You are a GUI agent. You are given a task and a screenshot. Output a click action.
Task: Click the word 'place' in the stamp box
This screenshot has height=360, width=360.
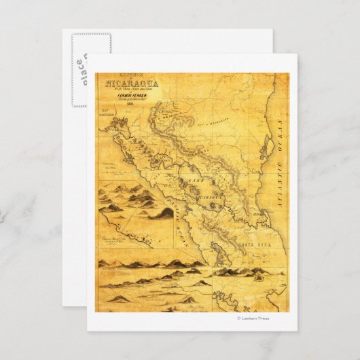click(82, 68)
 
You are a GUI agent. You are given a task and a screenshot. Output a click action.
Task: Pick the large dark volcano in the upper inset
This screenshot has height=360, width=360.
click(164, 213)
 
